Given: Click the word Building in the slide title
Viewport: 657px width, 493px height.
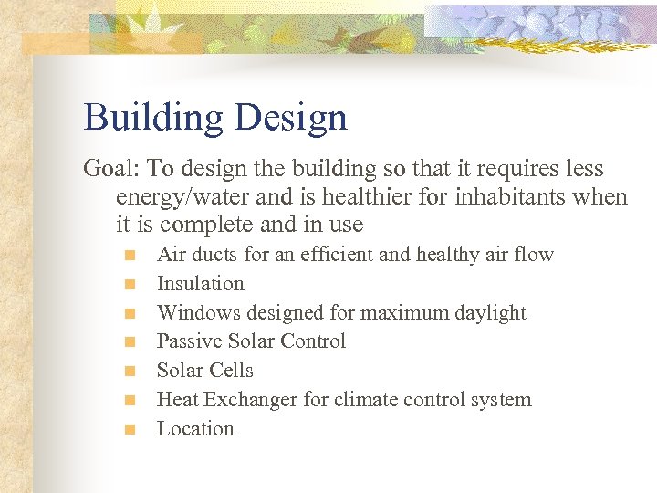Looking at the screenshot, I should pyautogui.click(x=150, y=119).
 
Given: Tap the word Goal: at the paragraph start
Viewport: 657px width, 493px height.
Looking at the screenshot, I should pyautogui.click(x=111, y=169).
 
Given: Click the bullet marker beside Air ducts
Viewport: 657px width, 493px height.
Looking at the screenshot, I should pyautogui.click(x=131, y=255).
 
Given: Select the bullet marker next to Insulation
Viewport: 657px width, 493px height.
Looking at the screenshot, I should pyautogui.click(x=131, y=284).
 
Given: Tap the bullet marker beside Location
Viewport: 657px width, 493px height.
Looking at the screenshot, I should pyautogui.click(x=131, y=429).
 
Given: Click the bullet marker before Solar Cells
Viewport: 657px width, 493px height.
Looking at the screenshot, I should pyautogui.click(x=131, y=371).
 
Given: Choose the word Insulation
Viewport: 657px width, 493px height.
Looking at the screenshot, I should pyautogui.click(x=201, y=284).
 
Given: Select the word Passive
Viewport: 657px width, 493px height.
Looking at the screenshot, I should pyautogui.click(x=187, y=341).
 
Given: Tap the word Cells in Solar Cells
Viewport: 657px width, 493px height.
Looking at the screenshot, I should pyautogui.click(x=232, y=371).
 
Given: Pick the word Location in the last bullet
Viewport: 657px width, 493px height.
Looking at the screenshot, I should pyautogui.click(x=195, y=429).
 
